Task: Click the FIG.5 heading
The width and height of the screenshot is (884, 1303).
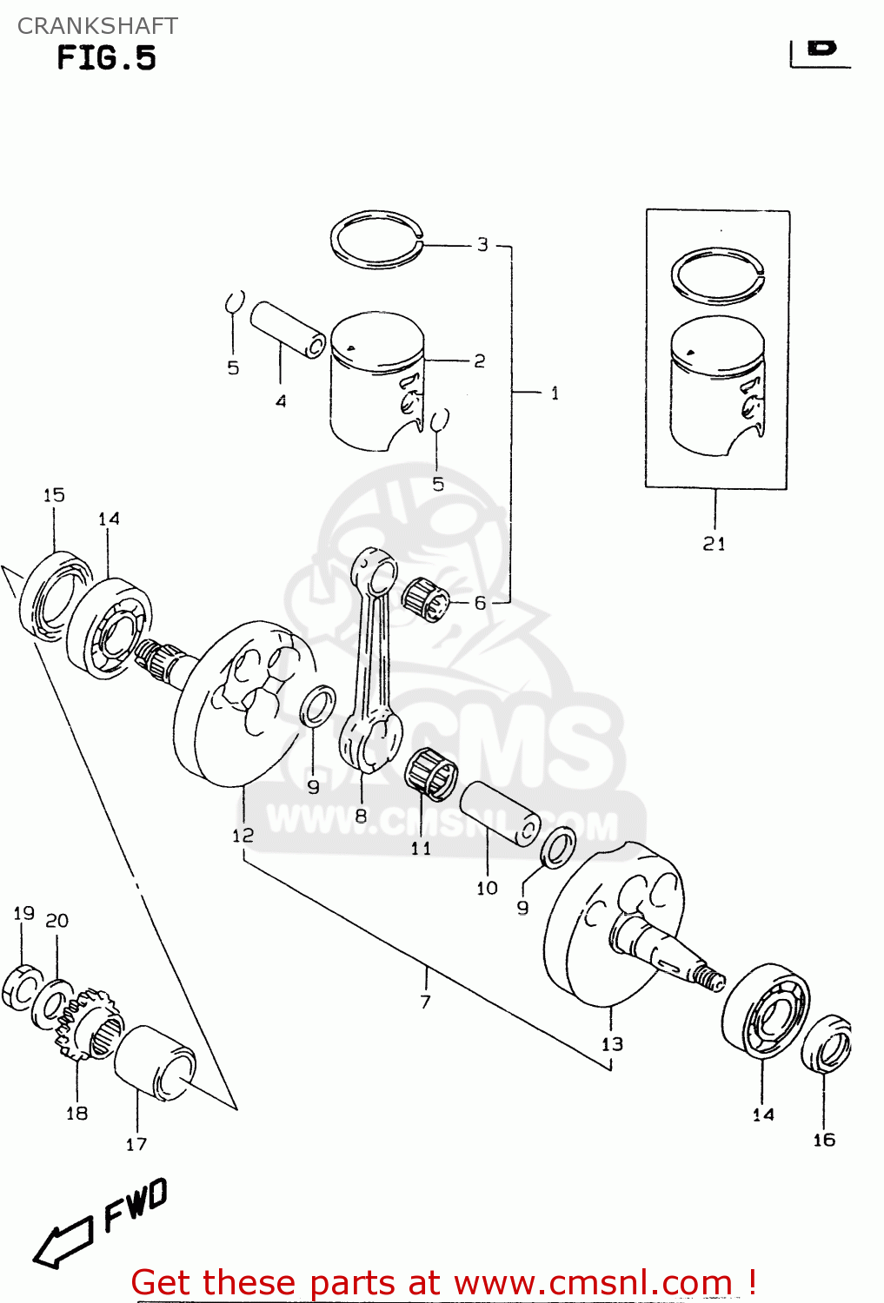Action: click(106, 58)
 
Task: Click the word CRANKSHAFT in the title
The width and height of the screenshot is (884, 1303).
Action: click(97, 26)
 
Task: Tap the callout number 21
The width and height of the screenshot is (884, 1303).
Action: click(714, 544)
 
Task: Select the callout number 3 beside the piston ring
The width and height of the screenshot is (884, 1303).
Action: click(482, 245)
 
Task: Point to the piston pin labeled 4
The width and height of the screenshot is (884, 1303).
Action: click(288, 329)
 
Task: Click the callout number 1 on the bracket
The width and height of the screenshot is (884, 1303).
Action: click(555, 394)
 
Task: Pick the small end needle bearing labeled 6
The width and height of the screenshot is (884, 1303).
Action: click(425, 599)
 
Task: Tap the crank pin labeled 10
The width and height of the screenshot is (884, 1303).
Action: click(499, 813)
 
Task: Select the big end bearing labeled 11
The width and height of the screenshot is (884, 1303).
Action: click(431, 771)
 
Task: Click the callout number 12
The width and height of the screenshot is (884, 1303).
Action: click(243, 835)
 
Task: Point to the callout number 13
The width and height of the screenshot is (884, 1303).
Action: click(612, 1044)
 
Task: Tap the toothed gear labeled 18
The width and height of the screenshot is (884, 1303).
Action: click(87, 1025)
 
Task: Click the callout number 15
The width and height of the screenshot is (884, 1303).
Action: click(54, 495)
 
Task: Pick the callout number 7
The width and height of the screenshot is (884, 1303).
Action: click(425, 1002)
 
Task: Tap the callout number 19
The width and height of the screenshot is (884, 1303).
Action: click(23, 913)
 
